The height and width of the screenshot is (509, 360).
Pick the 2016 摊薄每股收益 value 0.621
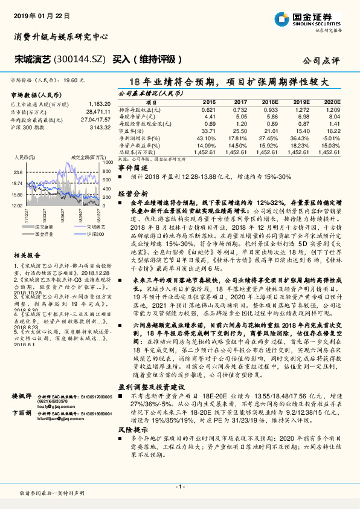pyautogui.click(x=208, y=109)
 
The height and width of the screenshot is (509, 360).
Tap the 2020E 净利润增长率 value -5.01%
pyautogui.click(x=331, y=139)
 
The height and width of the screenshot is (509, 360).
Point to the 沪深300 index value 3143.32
pyautogui.click(x=98, y=128)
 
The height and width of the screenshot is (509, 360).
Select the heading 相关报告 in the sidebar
pyautogui.click(x=24, y=256)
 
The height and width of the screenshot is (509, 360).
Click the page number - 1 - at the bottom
pyautogui.click(x=180, y=485)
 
